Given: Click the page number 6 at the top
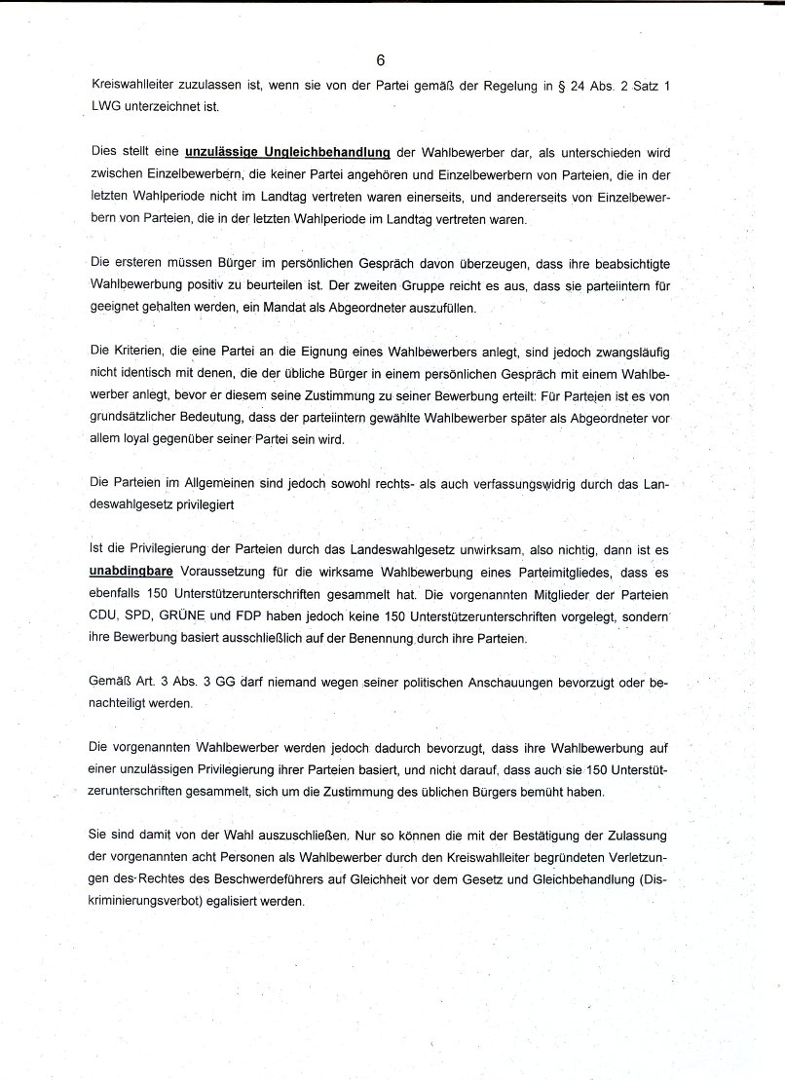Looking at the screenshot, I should click(392, 59).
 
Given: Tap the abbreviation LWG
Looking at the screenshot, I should click(95, 109).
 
